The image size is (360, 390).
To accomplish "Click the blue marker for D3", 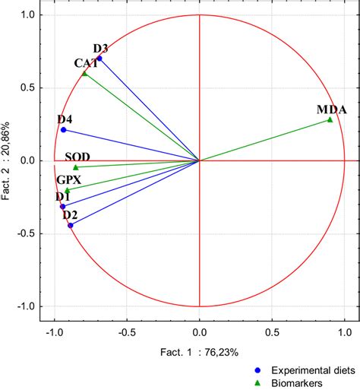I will [x=99, y=59].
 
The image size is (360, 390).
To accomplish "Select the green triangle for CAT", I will [x=85, y=74].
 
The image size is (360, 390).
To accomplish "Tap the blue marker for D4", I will [x=64, y=130].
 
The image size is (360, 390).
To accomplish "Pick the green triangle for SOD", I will [x=75, y=167].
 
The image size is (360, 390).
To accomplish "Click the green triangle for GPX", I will [x=68, y=190].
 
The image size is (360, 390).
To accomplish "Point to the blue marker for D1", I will [x=63, y=206].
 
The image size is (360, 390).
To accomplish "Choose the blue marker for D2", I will [x=71, y=225].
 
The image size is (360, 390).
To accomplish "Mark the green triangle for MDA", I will [x=330, y=119].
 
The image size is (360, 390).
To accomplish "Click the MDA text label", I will [x=332, y=109].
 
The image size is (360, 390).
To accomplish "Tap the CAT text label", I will [x=86, y=63].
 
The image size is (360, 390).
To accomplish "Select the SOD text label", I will [x=77, y=157].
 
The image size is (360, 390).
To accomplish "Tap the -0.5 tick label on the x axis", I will [x=126, y=332].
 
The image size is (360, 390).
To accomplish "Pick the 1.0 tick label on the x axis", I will [x=344, y=332].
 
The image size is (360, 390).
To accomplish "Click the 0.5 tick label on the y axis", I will [x=27, y=87].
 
